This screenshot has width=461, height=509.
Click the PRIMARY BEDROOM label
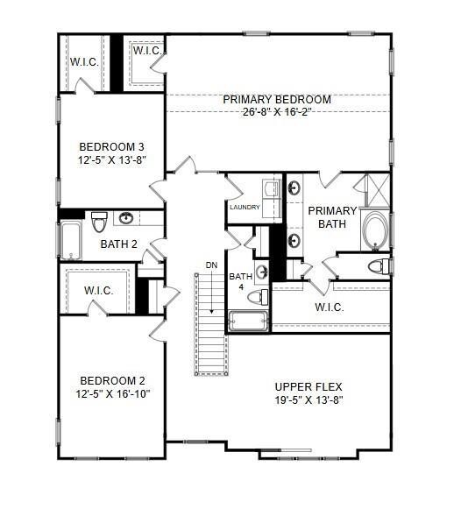coord(276,99)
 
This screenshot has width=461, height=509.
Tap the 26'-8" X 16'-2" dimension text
coord(276,112)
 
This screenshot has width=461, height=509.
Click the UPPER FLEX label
coord(308,386)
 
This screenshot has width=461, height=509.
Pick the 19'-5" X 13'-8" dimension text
coord(308,399)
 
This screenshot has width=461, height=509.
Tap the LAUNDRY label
coord(245,208)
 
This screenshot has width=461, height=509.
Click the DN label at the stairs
coord(211,265)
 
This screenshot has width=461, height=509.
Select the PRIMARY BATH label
coord(332,217)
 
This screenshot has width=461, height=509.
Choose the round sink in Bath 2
coord(127,218)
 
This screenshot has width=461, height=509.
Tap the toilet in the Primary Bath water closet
coord(377,265)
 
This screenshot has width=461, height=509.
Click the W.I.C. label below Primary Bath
coord(329,308)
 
